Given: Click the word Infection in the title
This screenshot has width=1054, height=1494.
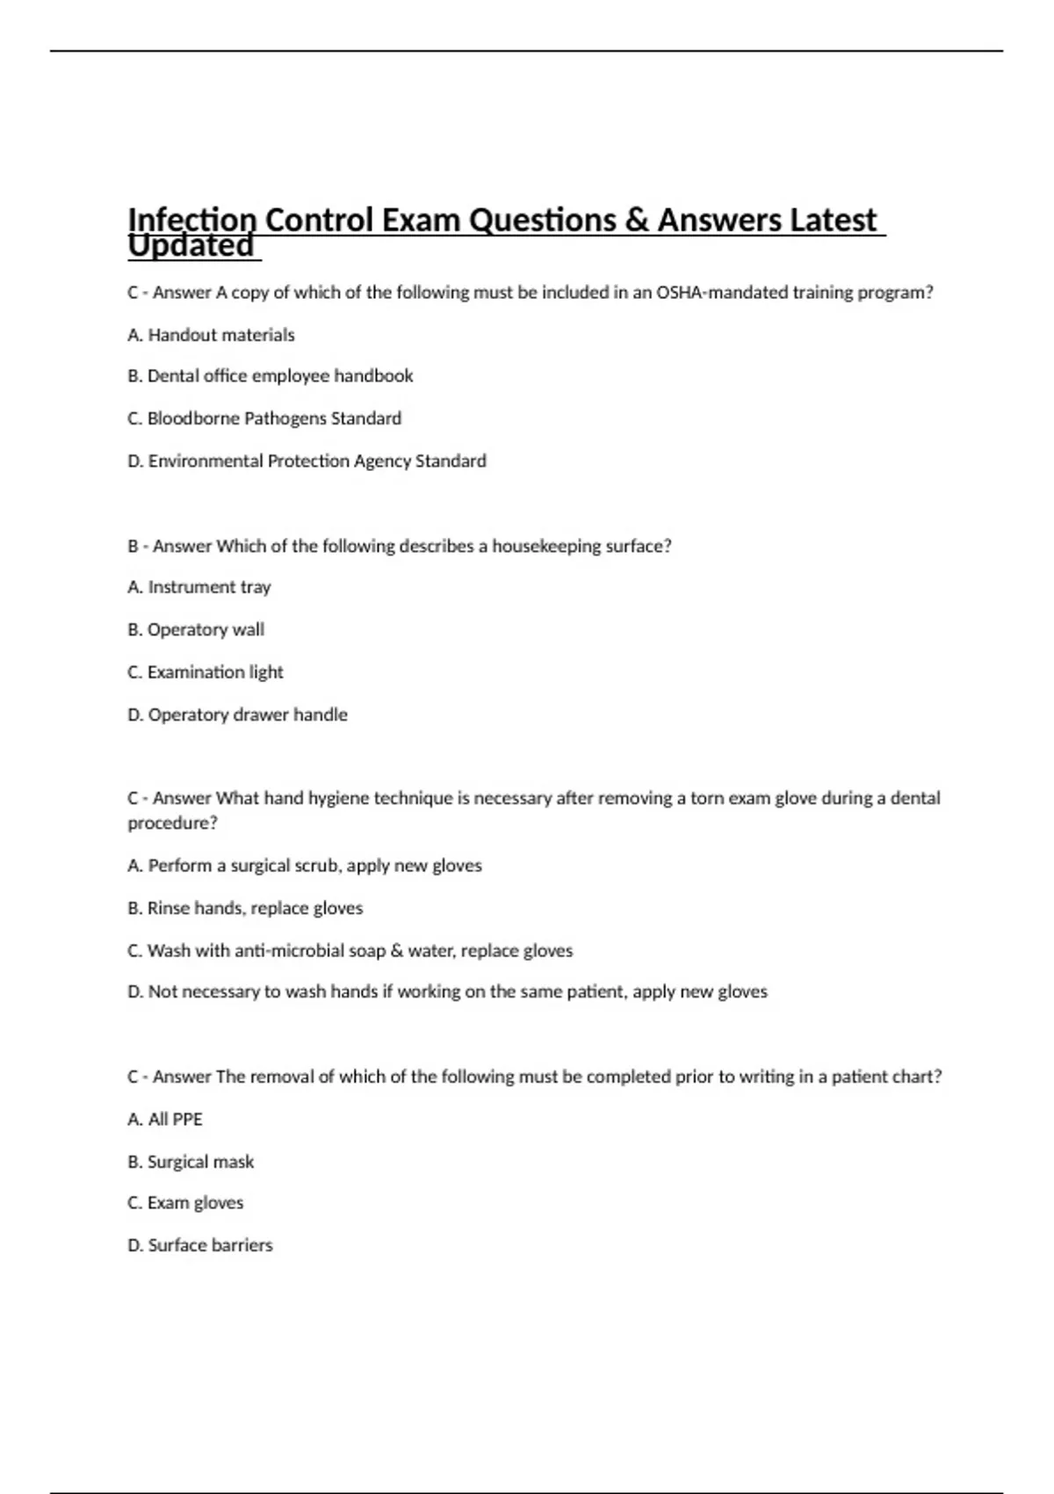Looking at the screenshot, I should (x=191, y=220).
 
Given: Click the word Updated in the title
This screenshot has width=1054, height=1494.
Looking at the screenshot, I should (x=191, y=246).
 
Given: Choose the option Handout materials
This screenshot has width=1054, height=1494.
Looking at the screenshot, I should (x=211, y=335).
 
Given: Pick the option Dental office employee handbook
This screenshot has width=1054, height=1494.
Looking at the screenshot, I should (x=270, y=376).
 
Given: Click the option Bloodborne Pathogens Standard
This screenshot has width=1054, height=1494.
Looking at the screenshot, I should (x=264, y=418).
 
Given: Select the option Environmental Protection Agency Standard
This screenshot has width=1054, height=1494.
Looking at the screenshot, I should (x=307, y=461).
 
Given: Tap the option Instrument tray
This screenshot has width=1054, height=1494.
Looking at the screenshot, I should (x=199, y=587).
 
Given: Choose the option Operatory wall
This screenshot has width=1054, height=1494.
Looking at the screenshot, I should (x=196, y=629).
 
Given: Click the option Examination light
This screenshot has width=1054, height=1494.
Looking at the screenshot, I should (x=206, y=672).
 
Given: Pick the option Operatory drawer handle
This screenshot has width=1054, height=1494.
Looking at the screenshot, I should (x=237, y=714).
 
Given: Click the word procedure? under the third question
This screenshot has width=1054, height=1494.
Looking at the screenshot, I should (x=172, y=823).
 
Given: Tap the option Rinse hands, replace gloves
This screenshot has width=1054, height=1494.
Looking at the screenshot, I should (x=245, y=908).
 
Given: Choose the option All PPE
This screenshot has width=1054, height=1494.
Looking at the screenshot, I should (x=165, y=1120).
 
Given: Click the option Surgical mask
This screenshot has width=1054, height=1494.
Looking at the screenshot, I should (x=191, y=1162).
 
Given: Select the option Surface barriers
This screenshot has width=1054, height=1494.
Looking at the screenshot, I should (x=200, y=1245).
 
